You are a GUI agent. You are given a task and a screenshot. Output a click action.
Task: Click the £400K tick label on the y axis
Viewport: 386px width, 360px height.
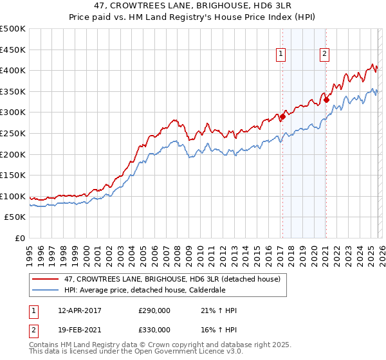click(13, 70)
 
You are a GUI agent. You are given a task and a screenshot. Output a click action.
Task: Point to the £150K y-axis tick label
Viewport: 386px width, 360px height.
click(13, 175)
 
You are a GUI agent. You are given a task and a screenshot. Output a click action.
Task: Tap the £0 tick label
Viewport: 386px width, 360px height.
click(20, 238)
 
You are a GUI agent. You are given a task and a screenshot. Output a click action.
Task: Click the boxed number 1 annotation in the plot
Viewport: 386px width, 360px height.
click(282, 55)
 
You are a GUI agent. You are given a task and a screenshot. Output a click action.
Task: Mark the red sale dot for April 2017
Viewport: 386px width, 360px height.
click(282, 116)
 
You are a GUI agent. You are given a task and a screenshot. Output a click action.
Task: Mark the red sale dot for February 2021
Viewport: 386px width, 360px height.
click(326, 100)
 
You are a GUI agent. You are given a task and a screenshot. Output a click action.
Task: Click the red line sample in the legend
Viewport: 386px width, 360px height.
click(46, 279)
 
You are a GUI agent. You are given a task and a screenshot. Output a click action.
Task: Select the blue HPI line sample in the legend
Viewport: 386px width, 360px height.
click(46, 290)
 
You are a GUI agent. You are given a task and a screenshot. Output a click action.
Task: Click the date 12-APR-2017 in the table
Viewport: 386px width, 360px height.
click(79, 310)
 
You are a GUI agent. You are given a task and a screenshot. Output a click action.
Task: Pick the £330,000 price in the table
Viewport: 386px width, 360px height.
click(154, 329)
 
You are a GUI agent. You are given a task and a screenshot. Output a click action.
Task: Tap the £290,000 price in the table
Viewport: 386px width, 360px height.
click(154, 310)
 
